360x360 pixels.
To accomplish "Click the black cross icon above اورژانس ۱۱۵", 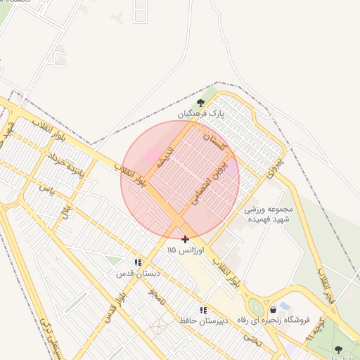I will pos(185,239).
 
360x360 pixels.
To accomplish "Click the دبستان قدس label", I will pos(139,273).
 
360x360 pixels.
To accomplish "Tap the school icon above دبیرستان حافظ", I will pos(203,309).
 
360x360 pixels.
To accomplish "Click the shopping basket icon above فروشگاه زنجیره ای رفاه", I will pos(273,309).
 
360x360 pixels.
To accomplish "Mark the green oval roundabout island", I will pos(256,308).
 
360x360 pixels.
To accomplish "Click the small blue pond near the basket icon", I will pos(285,306).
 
